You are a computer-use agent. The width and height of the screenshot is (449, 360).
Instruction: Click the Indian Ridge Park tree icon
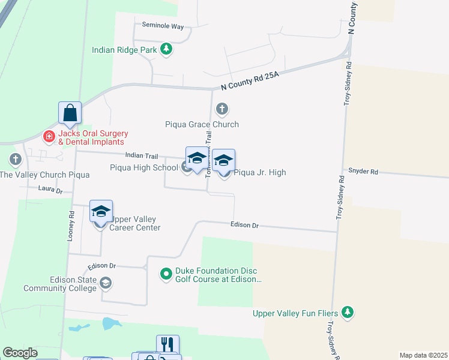coord(167,50)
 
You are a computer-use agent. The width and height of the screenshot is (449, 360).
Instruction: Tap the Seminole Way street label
coord(163,26)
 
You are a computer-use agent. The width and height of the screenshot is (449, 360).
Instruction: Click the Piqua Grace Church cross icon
coord(222,109)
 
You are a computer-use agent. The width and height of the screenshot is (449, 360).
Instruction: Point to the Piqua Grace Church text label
coord(202,124)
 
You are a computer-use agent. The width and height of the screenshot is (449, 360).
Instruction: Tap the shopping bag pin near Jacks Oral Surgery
coord(70,112)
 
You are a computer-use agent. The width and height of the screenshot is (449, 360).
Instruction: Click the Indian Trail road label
coord(142,156)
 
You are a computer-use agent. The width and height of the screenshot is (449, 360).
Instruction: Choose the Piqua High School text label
coord(144,167)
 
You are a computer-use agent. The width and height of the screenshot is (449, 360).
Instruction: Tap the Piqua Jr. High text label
coord(259,172)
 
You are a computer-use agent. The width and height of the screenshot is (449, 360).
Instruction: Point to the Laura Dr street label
coord(50,190)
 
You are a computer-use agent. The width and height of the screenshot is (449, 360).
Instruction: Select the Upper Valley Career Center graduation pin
coord(101,212)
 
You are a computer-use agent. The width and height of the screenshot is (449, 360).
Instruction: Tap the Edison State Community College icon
coord(105,283)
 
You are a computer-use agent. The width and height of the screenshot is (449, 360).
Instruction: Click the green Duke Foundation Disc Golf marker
coord(166,274)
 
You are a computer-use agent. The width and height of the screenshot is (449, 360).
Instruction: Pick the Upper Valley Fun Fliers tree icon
coord(347,312)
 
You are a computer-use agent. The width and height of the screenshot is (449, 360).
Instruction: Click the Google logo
coord(20,353)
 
